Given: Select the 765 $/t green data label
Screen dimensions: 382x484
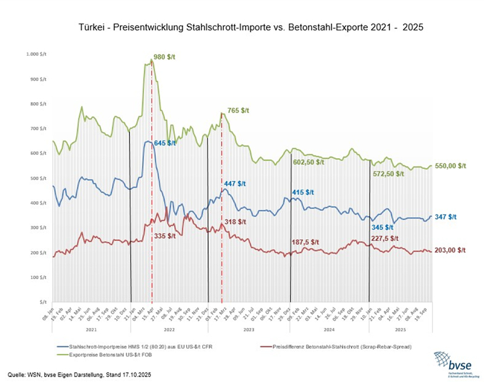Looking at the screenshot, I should [x=239, y=111].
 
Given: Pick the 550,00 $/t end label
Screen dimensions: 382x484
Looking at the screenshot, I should [x=453, y=165].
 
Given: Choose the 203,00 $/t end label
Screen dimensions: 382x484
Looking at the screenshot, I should [x=453, y=250].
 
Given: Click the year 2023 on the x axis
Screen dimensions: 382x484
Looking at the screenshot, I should [x=249, y=331].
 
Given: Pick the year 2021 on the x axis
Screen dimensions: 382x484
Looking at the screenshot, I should [x=91, y=331].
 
